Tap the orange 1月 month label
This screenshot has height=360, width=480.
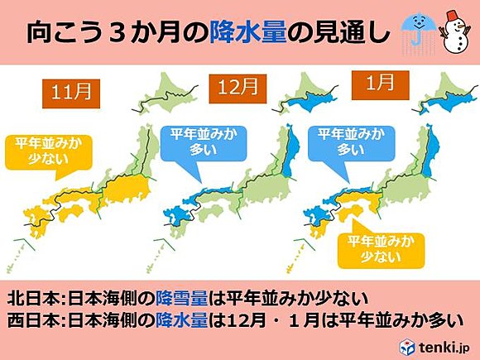374,86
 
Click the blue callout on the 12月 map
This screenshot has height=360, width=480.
190,144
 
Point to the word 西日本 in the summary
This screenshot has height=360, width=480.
31,319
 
